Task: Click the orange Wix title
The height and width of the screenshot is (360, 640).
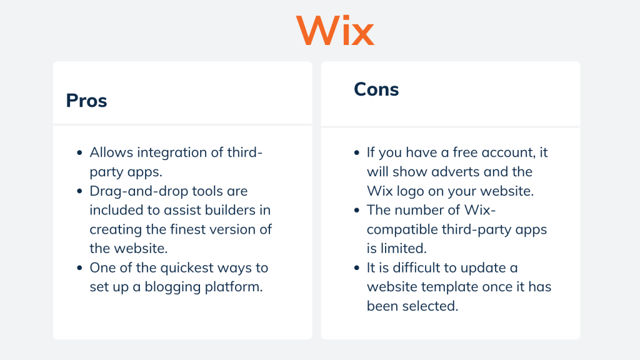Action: [335, 30]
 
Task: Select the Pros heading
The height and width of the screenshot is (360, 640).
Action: [86, 101]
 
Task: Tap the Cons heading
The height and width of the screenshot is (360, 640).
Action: [376, 89]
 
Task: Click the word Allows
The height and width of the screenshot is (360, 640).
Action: [110, 152]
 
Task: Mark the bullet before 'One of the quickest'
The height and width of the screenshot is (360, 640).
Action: [79, 268]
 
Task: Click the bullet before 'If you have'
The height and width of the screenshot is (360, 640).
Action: [356, 153]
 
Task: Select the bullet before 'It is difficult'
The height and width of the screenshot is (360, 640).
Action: [356, 268]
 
